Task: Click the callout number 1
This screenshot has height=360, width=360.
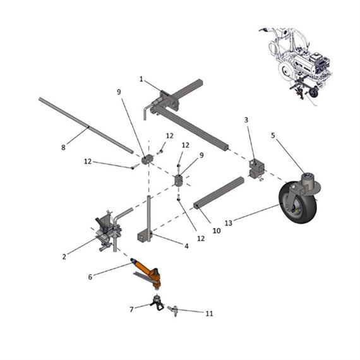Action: point(141,80)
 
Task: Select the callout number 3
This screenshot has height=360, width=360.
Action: point(246,119)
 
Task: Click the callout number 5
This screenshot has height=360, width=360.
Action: point(273,135)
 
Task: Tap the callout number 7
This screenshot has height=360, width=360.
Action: point(131,309)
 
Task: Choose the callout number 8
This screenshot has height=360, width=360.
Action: point(63,148)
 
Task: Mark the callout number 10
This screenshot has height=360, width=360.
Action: point(216,231)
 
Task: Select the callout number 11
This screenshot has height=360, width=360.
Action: point(210,313)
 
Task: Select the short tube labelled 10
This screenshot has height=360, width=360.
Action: point(219,193)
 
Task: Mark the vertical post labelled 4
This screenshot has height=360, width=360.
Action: point(149,215)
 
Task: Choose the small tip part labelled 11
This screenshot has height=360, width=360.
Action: point(174,309)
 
